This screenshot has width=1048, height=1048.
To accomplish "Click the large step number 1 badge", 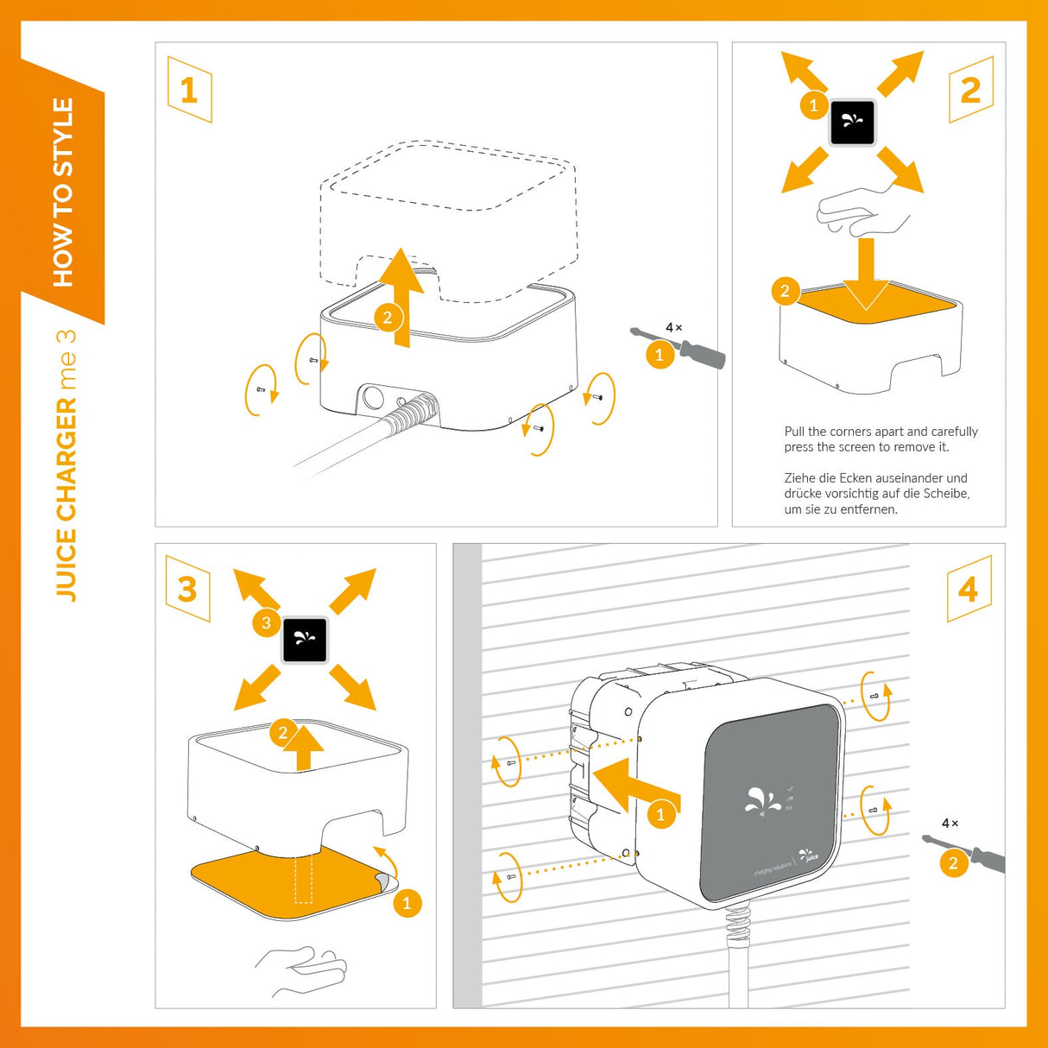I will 189,90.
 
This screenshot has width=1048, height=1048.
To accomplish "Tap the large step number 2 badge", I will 970,90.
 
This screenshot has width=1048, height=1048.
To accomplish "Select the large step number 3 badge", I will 187,590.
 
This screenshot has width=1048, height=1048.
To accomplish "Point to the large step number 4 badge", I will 969,590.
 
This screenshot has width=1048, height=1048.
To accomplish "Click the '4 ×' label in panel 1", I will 673,327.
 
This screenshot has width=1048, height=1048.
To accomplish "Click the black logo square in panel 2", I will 852,123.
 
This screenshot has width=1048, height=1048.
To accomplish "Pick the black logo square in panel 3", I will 305,640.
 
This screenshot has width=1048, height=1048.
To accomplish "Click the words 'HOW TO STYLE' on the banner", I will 64,192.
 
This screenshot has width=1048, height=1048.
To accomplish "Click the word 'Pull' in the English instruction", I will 794,432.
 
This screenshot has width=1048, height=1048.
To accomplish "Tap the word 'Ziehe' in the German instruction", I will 799,478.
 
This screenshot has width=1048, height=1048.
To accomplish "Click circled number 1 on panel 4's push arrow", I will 661,814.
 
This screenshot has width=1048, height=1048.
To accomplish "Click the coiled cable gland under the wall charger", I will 738,927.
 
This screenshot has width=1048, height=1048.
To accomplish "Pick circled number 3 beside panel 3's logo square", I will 266,622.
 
